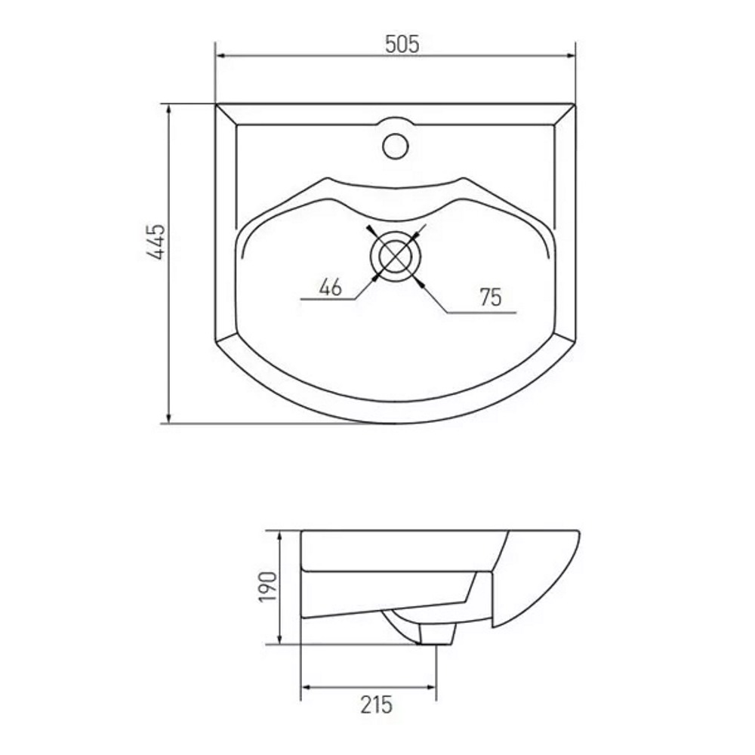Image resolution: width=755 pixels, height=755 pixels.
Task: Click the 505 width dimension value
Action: [x=402, y=45]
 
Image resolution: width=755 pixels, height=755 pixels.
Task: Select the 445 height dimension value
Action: [x=158, y=242]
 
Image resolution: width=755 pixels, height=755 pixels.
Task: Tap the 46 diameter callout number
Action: [x=331, y=287]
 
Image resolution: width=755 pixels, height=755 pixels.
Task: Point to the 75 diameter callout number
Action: [x=491, y=297]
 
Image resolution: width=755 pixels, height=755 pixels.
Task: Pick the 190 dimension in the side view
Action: [x=268, y=587]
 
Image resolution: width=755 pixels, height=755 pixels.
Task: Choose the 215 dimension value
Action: [x=377, y=705]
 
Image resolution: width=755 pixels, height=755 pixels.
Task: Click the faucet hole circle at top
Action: [x=396, y=146]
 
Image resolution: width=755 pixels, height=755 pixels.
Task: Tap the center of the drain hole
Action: [x=396, y=255]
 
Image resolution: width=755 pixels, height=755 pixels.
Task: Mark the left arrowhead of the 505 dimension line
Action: [x=221, y=55]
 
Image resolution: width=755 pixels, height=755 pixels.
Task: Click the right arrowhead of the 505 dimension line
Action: [x=571, y=55]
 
